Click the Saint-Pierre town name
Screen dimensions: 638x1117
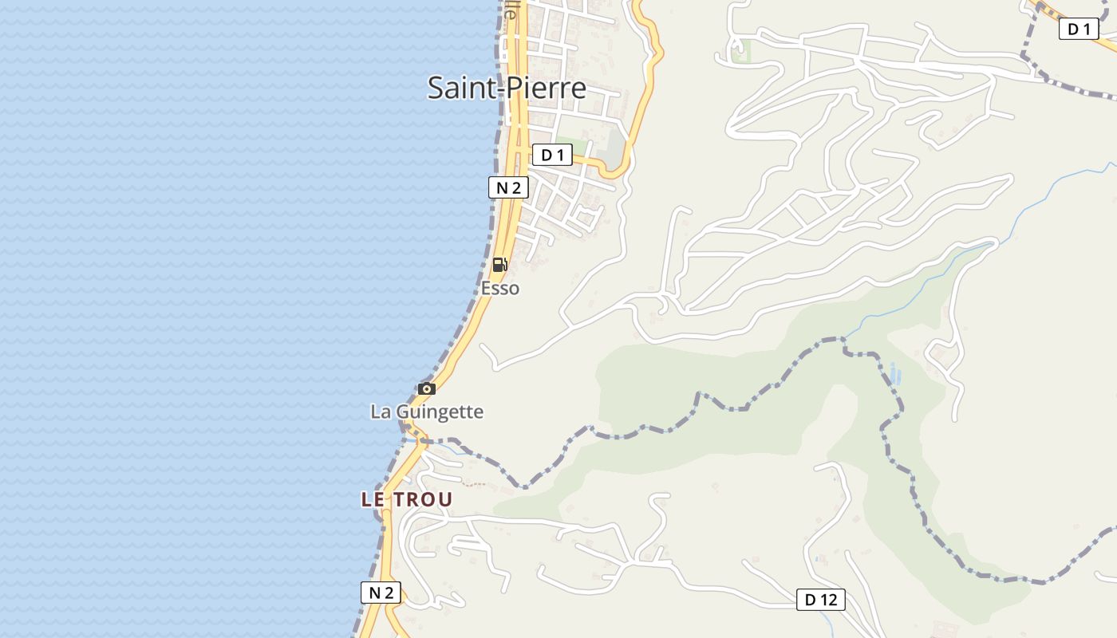point(507,87)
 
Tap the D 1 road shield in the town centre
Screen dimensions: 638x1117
point(552,155)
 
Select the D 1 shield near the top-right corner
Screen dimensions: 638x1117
point(1078,30)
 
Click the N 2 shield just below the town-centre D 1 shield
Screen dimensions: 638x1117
point(508,188)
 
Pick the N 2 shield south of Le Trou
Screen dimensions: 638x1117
point(381,593)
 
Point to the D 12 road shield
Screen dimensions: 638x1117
point(820,600)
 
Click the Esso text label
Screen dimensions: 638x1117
point(500,288)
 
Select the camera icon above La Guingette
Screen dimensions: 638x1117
point(427,389)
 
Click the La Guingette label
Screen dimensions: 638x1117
point(427,412)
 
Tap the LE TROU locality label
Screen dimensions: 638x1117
point(407,500)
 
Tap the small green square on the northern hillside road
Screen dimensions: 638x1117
point(740,53)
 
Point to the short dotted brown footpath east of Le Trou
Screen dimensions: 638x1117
point(474,484)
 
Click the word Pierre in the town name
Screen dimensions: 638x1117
point(547,87)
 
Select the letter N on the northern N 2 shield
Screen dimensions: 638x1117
point(502,188)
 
